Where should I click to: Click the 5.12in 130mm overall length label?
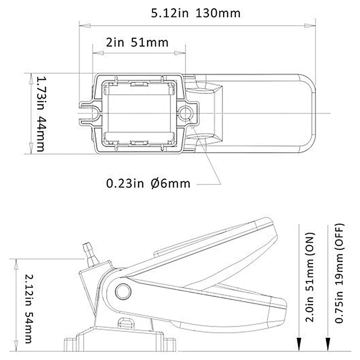click(x=196, y=13)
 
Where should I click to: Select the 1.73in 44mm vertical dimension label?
click(x=41, y=113)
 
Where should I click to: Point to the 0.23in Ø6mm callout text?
click(x=148, y=184)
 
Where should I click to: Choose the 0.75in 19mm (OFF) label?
click(x=340, y=274)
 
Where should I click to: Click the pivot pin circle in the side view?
click(x=121, y=292)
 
